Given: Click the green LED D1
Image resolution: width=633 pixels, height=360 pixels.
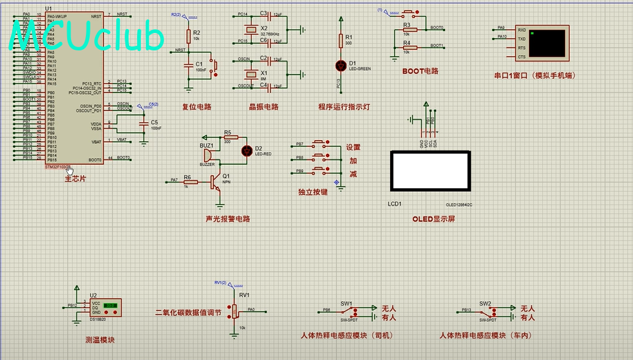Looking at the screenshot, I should click(341, 65).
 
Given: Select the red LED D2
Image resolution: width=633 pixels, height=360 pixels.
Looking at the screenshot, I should click(246, 151).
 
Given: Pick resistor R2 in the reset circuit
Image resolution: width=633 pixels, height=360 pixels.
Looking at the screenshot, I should click(189, 35).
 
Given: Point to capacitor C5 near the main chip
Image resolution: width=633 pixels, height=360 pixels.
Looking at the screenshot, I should click(143, 123).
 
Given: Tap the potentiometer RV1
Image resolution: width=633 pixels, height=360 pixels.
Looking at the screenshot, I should click(234, 312).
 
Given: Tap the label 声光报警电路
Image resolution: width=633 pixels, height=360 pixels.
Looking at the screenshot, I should click(227, 219).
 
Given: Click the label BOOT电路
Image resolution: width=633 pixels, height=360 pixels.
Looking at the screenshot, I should click(420, 71).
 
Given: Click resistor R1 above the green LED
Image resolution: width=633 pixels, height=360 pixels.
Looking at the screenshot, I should click(341, 41).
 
